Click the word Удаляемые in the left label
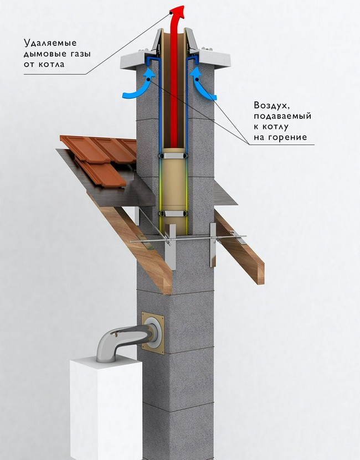point(50,43)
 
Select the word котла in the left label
point(52,64)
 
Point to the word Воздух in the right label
point(272,105)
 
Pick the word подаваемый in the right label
point(282,116)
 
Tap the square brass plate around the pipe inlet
point(153,333)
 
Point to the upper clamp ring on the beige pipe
point(173,156)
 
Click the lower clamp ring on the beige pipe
point(173,214)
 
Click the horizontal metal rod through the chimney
point(188,239)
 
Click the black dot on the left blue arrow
point(149,80)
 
